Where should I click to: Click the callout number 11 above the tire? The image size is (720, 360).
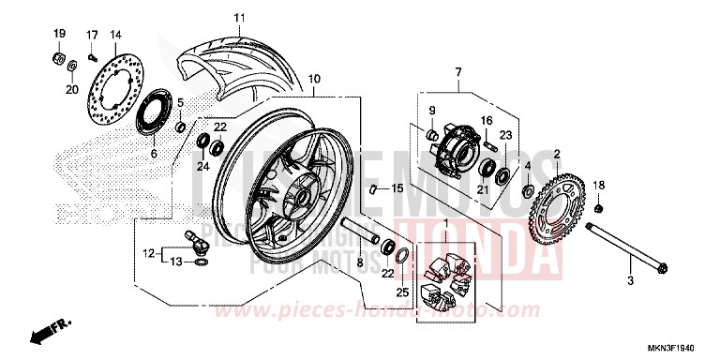pos(238,18)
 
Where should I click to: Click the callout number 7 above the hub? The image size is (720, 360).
pos(458,72)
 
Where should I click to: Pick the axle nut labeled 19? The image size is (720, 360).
pos(56,61)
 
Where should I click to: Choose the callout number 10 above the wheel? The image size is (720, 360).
pos(314,78)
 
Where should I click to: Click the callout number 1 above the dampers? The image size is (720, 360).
pos(445,224)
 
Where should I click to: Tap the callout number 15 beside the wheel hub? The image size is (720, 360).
pos(397,188)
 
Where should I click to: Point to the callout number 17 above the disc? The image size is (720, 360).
pos(92,35)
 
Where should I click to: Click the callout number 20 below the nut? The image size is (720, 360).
pos(71,90)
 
